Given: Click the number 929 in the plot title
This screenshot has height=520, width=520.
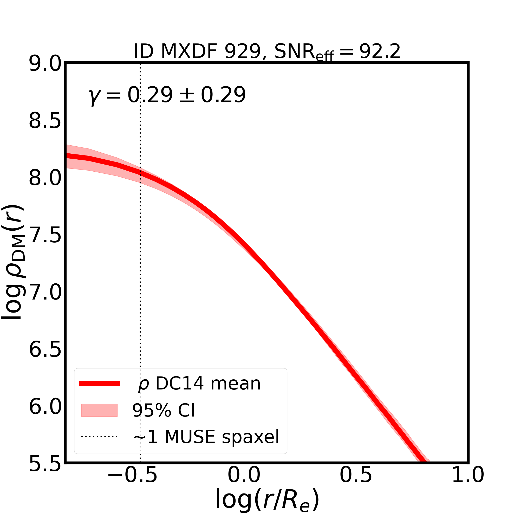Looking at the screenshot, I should tap(243, 51).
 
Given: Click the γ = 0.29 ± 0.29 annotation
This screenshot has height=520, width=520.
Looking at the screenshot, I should tap(167, 95).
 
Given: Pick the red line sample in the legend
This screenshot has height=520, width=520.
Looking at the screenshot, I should tap(99, 383).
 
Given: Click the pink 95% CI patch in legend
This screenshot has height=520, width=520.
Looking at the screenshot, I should tap(99, 411).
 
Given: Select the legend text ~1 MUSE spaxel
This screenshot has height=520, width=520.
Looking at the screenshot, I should tap(206, 437).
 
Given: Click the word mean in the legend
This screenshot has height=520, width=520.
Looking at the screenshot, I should tap(236, 383).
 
